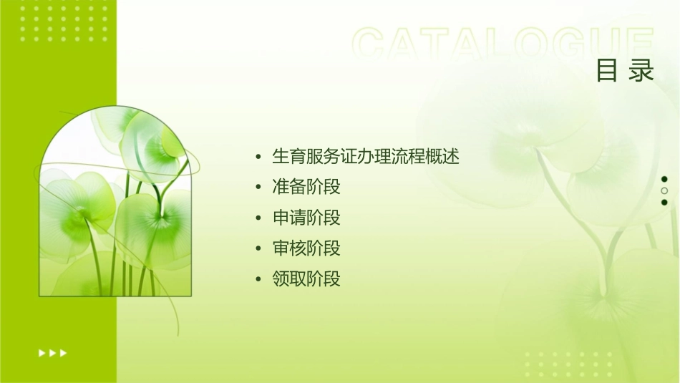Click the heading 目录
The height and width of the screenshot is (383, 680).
click(x=625, y=70)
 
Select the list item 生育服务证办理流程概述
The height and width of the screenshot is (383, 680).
click(x=365, y=156)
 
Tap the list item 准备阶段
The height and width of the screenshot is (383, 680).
click(x=306, y=187)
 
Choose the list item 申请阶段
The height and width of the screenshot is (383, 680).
click(x=306, y=218)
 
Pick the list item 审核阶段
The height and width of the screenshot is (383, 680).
click(x=306, y=248)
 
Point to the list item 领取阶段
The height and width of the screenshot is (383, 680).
click(x=306, y=278)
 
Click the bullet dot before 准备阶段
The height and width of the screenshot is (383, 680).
click(x=258, y=188)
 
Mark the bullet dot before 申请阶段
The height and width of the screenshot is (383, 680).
click(x=258, y=218)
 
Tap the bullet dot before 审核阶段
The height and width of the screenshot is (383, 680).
click(x=258, y=249)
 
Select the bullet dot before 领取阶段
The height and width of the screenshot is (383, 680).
click(x=258, y=279)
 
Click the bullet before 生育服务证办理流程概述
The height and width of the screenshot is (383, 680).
click(x=258, y=157)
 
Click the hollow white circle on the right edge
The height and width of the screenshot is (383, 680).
click(x=664, y=191)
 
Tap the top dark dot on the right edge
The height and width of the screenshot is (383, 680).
click(x=664, y=179)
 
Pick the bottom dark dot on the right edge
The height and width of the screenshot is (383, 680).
click(x=664, y=203)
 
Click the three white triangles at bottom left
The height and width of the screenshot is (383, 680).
click(x=52, y=353)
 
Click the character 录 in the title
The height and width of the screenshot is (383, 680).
click(x=642, y=70)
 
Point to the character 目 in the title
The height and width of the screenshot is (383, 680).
click(x=607, y=70)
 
